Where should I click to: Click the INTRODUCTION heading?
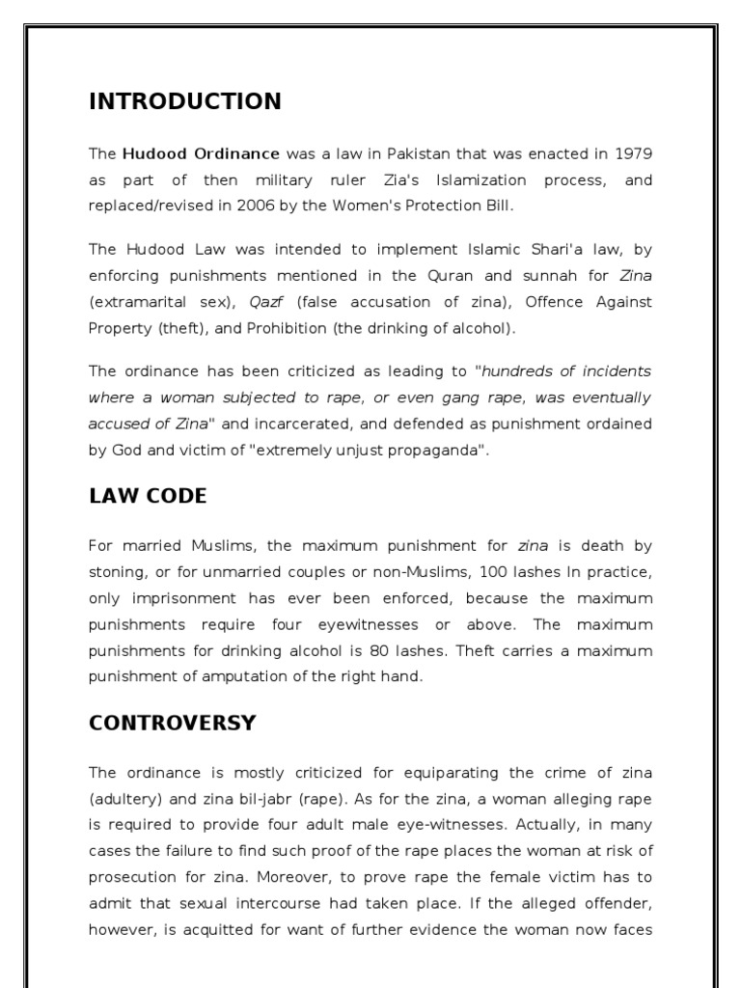(185, 101)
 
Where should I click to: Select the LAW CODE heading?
(148, 496)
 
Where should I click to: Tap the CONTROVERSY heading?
(173, 723)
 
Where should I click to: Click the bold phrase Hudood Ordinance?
(201, 153)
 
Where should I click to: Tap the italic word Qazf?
(266, 302)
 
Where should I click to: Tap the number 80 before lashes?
(381, 650)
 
